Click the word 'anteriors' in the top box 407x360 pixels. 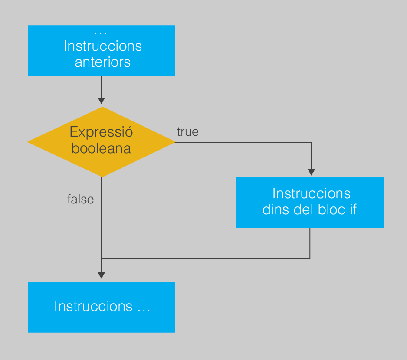(x=102, y=62)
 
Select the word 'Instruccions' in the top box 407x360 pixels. (x=103, y=46)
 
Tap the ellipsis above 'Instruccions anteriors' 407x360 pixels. (x=101, y=33)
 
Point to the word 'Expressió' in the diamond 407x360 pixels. (x=101, y=132)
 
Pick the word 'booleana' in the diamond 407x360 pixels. (x=101, y=148)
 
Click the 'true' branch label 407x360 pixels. (x=188, y=132)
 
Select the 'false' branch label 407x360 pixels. (x=80, y=200)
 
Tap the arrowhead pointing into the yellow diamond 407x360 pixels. (x=102, y=101)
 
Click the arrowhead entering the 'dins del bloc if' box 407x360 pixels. (x=312, y=172)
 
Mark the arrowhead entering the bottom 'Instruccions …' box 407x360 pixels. (x=102, y=275)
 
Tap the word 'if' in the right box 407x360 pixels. (x=354, y=209)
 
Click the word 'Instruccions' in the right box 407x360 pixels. (x=312, y=193)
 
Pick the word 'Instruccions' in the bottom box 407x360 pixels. (x=93, y=306)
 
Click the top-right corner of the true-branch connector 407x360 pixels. (x=312, y=142)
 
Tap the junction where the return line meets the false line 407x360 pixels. (x=102, y=259)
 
